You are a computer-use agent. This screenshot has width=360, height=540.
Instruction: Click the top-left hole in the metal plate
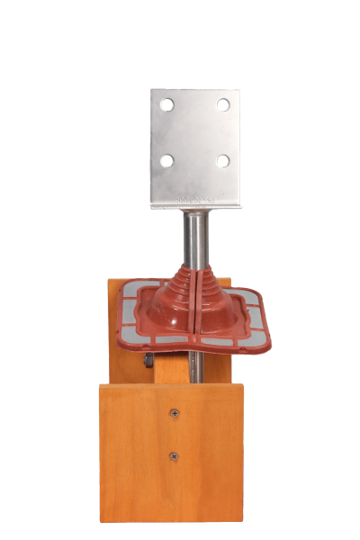click(x=166, y=104)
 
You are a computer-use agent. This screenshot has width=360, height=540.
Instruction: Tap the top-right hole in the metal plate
click(x=222, y=104)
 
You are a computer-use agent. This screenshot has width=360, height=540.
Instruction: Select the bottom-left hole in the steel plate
click(x=166, y=161)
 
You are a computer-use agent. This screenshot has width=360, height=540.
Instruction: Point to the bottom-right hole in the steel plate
click(x=222, y=161)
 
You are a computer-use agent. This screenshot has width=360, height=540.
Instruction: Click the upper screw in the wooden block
click(x=175, y=413)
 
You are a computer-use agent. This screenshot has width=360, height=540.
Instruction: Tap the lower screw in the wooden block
click(x=174, y=456)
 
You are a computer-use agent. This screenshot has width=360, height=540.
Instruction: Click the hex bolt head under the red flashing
click(x=147, y=361)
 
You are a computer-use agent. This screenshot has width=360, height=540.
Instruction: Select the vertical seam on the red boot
click(x=196, y=301)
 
